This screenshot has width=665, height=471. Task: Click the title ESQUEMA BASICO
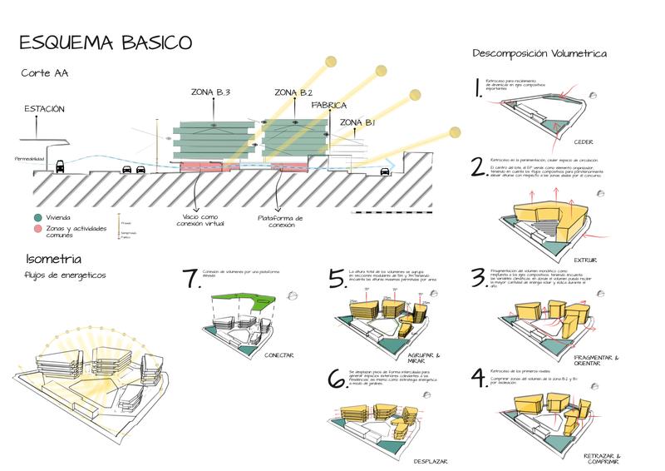click(x=105, y=42)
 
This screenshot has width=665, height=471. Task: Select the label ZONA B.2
click(x=293, y=92)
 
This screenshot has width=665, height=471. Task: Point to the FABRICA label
click(x=330, y=106)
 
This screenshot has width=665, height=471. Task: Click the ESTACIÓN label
click(x=44, y=109)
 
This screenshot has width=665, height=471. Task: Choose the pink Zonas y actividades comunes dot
click(x=27, y=228)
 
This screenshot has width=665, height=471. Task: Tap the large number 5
click(x=336, y=279)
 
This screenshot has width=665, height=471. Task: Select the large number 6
click(x=337, y=379)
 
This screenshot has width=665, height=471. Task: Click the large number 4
click(x=478, y=379)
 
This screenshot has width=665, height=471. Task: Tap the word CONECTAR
click(x=278, y=356)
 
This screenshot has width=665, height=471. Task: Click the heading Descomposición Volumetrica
click(x=539, y=54)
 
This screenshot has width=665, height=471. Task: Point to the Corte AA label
click(x=45, y=73)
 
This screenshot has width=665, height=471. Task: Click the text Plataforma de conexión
click(x=279, y=221)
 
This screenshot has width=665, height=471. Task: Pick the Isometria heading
click(x=54, y=260)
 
